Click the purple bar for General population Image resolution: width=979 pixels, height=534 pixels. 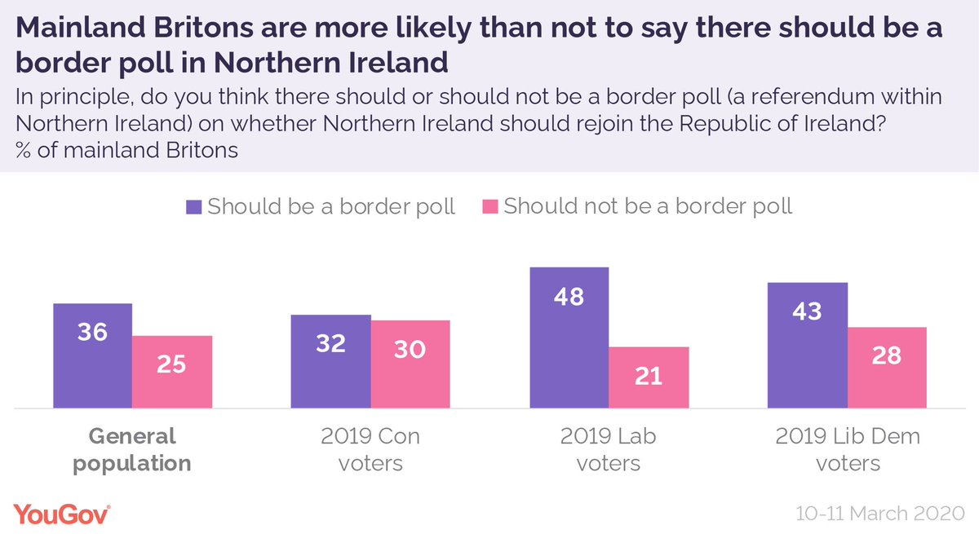click(x=92, y=355)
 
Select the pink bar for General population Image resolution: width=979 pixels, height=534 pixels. click(x=172, y=372)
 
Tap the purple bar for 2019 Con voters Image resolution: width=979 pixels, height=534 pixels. click(x=331, y=361)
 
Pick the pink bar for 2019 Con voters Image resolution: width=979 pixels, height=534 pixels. click(x=410, y=364)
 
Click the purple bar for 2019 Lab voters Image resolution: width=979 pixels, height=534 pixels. click(x=569, y=338)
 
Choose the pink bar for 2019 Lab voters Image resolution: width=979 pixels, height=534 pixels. click(x=649, y=377)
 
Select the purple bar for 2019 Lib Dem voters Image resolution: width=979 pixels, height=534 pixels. click(x=808, y=345)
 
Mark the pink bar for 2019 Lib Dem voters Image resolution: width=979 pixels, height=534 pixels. click(x=887, y=368)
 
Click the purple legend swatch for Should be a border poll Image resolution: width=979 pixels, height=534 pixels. click(x=193, y=206)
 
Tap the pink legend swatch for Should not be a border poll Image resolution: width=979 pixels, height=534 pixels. click(x=489, y=206)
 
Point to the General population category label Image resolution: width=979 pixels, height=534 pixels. click(x=132, y=450)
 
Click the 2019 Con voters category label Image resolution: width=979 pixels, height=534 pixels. click(x=371, y=450)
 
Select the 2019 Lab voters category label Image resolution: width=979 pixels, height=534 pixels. click(x=609, y=450)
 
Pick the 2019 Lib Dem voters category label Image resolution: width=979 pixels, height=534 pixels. click(x=848, y=450)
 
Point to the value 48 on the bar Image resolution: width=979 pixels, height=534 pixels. click(x=569, y=297)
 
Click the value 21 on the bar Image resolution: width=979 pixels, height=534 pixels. click(x=649, y=376)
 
